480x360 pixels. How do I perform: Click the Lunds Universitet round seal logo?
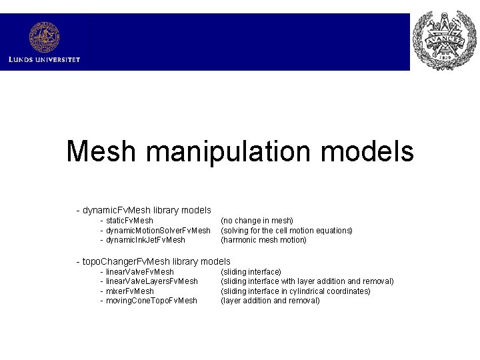pyautogui.click(x=44, y=37)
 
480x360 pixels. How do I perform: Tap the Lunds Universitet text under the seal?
pyautogui.click(x=44, y=59)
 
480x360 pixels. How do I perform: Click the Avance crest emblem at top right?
pyautogui.click(x=445, y=41)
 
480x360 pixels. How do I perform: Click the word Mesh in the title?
pyautogui.click(x=101, y=151)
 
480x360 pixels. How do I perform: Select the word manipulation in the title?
pyautogui.click(x=228, y=151)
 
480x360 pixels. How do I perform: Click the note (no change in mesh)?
pyautogui.click(x=257, y=221)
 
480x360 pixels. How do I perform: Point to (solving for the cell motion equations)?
pyautogui.click(x=286, y=231)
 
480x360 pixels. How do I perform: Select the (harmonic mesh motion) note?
pyautogui.click(x=263, y=240)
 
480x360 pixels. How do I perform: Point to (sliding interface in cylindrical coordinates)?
pyautogui.click(x=295, y=291)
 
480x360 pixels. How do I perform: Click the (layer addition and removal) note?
pyautogui.click(x=270, y=301)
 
